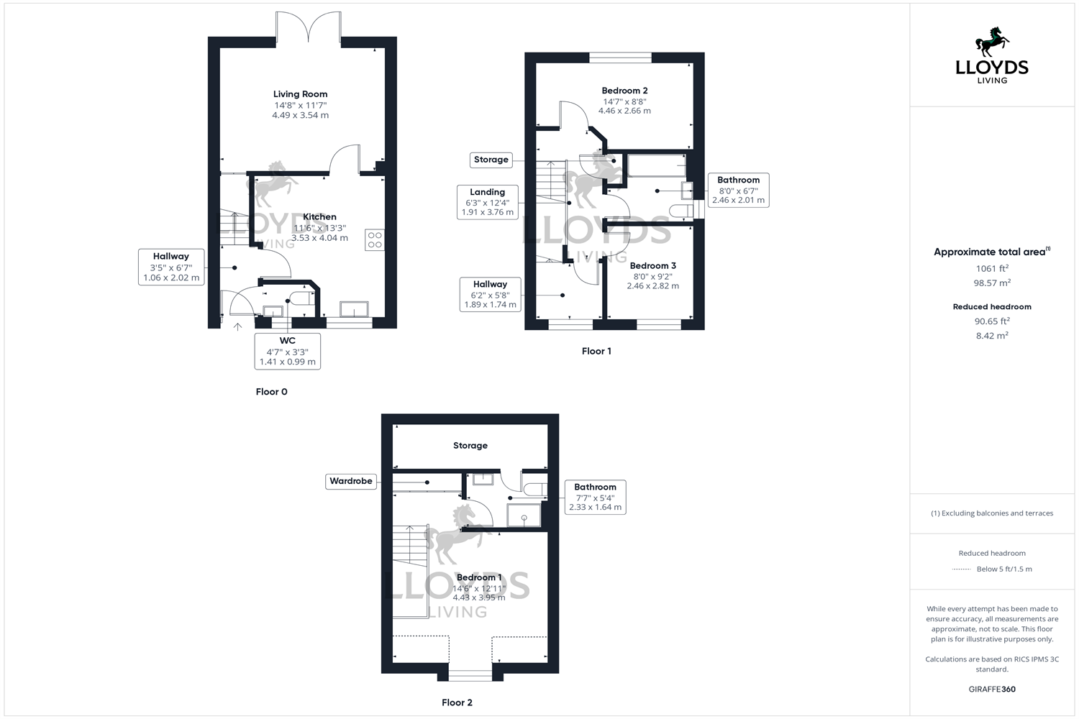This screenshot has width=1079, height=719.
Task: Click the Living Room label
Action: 300,94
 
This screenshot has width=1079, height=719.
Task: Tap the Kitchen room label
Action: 319,216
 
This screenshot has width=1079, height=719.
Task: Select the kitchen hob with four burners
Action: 374,240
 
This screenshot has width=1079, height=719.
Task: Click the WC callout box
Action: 287,351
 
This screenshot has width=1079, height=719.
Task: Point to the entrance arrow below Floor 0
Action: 238,327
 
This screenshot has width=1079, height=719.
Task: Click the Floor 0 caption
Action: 271,392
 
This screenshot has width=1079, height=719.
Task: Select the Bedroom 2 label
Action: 624,91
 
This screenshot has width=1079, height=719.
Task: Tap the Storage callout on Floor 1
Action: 491,160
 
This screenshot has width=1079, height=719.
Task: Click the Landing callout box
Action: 487,202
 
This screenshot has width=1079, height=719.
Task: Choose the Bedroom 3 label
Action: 652,265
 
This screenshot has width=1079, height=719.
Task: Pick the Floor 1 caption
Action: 596,351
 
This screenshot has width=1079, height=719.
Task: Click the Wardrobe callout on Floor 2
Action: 350,481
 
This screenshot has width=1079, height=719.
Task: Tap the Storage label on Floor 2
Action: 470,446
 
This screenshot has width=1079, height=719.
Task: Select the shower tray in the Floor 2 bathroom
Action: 524,515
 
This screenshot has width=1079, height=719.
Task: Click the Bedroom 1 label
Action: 479,577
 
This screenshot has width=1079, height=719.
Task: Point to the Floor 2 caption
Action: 457,702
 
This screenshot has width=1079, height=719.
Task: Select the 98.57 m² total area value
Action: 992,283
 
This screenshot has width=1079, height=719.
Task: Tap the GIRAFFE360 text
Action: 992,689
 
